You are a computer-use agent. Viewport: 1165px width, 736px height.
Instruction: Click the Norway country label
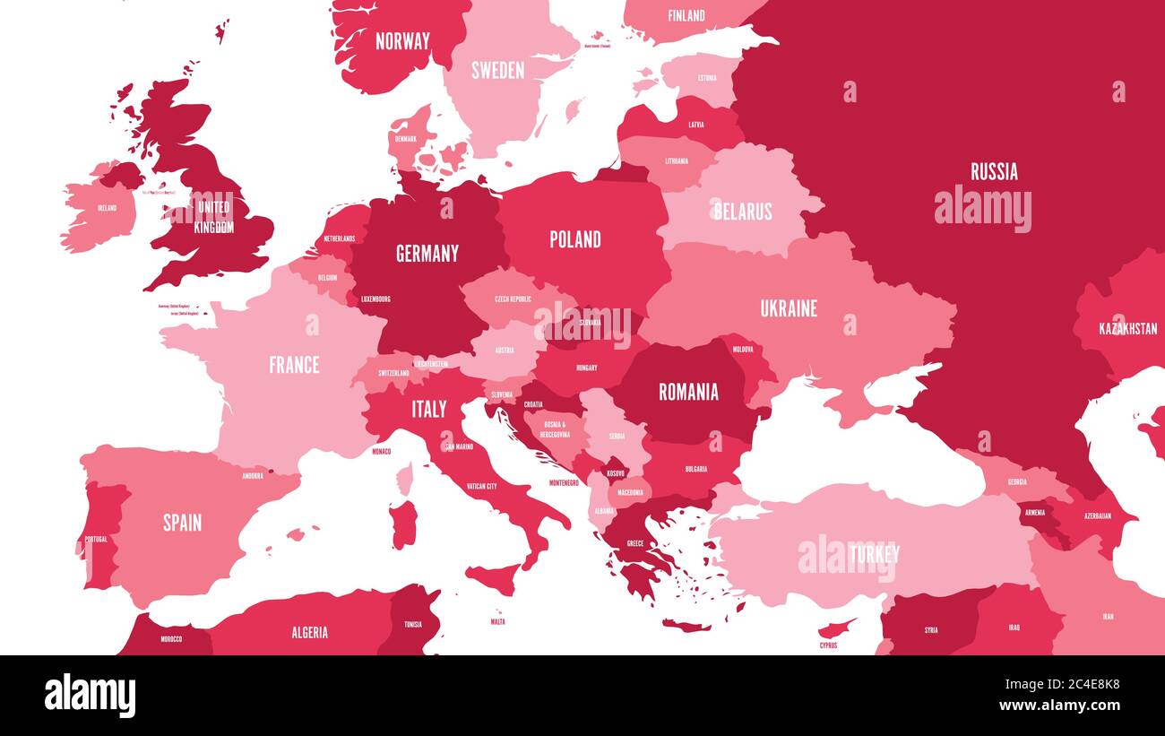pos(402,41)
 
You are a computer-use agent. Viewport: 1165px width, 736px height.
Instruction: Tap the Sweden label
pos(497,70)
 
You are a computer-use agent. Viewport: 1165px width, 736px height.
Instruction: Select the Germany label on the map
pos(427,254)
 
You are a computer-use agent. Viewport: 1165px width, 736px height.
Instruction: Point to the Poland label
pos(575,239)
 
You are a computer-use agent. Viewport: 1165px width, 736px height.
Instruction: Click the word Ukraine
pos(789,308)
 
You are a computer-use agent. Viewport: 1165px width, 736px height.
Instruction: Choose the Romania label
pos(688,392)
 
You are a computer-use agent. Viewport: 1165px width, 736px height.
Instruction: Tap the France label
pos(294,365)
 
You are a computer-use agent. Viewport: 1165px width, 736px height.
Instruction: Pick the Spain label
pos(182,523)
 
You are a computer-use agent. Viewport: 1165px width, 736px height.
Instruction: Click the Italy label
pos(428,410)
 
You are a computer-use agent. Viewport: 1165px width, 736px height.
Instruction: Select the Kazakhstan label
pos(1127,329)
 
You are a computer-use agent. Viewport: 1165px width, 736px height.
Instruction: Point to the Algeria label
pos(309,633)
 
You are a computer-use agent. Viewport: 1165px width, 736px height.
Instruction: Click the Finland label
pos(686,15)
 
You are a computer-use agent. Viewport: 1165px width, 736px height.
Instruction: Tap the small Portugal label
pos(95,539)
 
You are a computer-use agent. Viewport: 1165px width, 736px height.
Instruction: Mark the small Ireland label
pos(107,208)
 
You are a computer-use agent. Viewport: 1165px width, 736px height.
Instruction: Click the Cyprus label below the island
pos(828,645)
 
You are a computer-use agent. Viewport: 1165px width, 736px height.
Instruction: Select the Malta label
pos(497,621)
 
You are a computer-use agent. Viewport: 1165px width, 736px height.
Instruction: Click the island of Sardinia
pos(403,524)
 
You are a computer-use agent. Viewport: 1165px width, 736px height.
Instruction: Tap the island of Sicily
pos(493,578)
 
